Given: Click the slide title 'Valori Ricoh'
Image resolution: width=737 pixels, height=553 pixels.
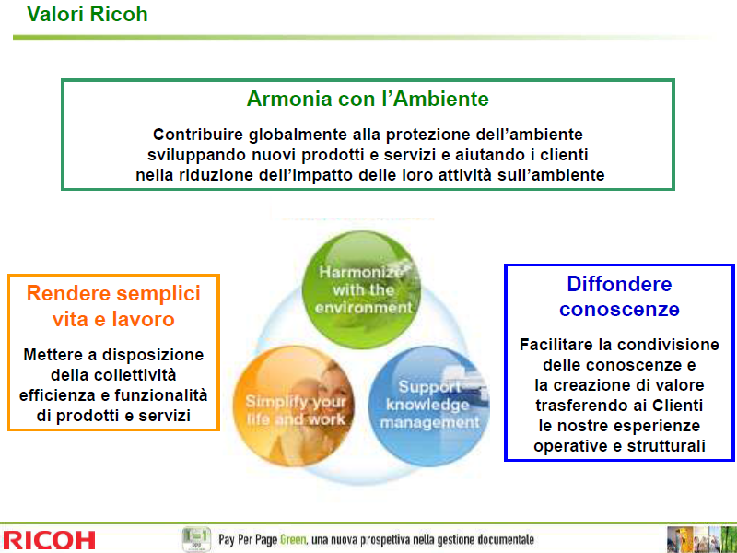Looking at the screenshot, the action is pos(87,14).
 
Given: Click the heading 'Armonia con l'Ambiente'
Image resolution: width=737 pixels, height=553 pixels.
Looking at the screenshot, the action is pos(368,99).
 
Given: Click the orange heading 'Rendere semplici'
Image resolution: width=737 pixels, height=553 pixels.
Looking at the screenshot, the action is pos(113,293).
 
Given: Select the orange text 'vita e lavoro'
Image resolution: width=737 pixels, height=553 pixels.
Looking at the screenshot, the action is pos(113,319).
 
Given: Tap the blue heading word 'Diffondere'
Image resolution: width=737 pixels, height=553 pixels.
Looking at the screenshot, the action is pos(619,284).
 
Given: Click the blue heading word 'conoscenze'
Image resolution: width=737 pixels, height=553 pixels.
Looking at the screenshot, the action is pos(619,309).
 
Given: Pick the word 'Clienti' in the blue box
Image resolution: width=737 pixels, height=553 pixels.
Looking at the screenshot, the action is pos(677,405).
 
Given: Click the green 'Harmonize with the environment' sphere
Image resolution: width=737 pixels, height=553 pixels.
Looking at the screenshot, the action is pos(361,289).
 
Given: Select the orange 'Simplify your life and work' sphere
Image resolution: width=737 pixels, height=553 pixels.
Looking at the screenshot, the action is pos(294,406).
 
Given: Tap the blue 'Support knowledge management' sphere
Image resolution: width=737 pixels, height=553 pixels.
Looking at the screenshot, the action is pos(428,406).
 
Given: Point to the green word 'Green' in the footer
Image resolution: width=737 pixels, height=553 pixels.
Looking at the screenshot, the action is pos(293,539).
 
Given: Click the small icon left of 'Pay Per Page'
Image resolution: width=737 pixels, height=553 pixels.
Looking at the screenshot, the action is pos(196,539).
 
